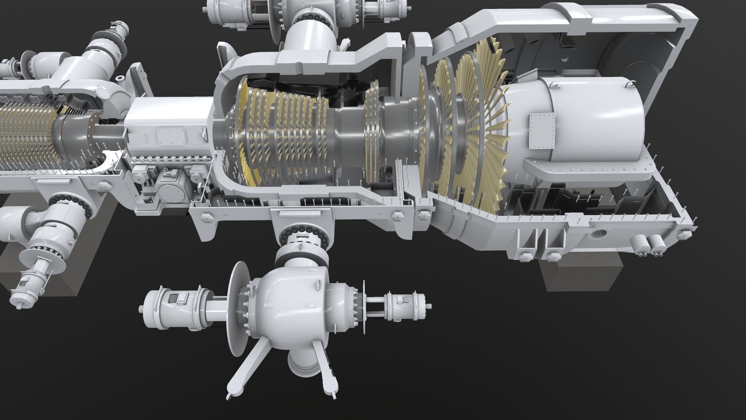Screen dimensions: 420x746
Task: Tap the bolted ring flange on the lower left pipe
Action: coord(74,208)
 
